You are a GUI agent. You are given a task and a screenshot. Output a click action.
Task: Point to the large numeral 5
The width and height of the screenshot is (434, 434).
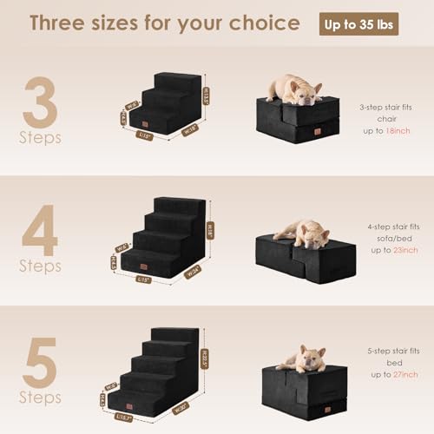41,360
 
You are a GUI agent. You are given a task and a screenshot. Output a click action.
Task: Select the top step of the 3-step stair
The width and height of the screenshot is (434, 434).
177,81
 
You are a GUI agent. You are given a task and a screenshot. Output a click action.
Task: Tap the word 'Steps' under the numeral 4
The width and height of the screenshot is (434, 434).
41,266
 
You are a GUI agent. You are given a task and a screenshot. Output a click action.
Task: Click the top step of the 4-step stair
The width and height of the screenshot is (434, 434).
181,205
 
